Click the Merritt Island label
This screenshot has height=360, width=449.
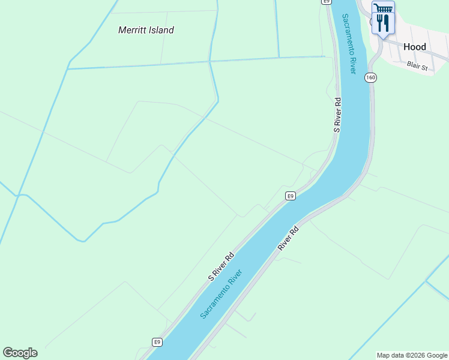(x=146, y=30)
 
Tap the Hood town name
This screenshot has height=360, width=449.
(x=414, y=47)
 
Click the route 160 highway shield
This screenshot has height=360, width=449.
(x=370, y=77)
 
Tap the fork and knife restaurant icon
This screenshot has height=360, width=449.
(x=383, y=23)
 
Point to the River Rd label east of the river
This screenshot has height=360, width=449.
(x=288, y=238)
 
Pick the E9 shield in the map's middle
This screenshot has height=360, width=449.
(x=290, y=196)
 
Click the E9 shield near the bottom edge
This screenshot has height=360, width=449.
(x=157, y=342)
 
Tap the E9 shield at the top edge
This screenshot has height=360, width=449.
(x=326, y=2)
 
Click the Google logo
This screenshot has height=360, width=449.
(x=20, y=353)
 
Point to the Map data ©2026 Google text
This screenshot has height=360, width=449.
(x=412, y=355)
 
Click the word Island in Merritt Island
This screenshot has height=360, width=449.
(x=161, y=30)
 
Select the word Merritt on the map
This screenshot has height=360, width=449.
(x=132, y=30)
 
